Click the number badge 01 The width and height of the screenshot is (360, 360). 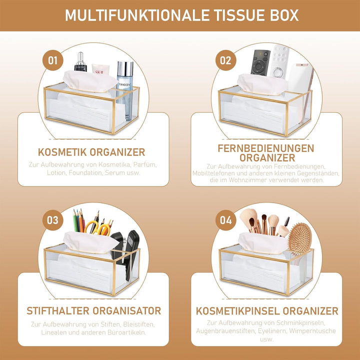coord(53,60)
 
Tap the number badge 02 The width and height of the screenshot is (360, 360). coord(225,60)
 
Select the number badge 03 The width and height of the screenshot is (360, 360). coord(53,220)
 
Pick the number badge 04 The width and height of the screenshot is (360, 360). coord(225,220)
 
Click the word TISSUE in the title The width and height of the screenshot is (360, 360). coord(239,15)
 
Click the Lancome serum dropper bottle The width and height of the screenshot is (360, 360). coord(80,61)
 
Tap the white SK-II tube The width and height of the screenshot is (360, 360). coord(100,69)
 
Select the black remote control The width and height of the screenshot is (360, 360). coord(260,62)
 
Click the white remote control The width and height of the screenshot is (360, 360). coord(279,61)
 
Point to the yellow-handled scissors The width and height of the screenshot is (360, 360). coord(97,227)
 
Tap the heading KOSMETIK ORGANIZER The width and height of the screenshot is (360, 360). coord(91,152)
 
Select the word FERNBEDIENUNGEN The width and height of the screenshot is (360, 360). coord(266,148)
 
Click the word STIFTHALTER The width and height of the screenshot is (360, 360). coord(58,311)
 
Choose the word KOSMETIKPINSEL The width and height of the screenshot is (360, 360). coord(238,311)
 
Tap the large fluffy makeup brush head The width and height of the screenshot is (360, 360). coord(248,217)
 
